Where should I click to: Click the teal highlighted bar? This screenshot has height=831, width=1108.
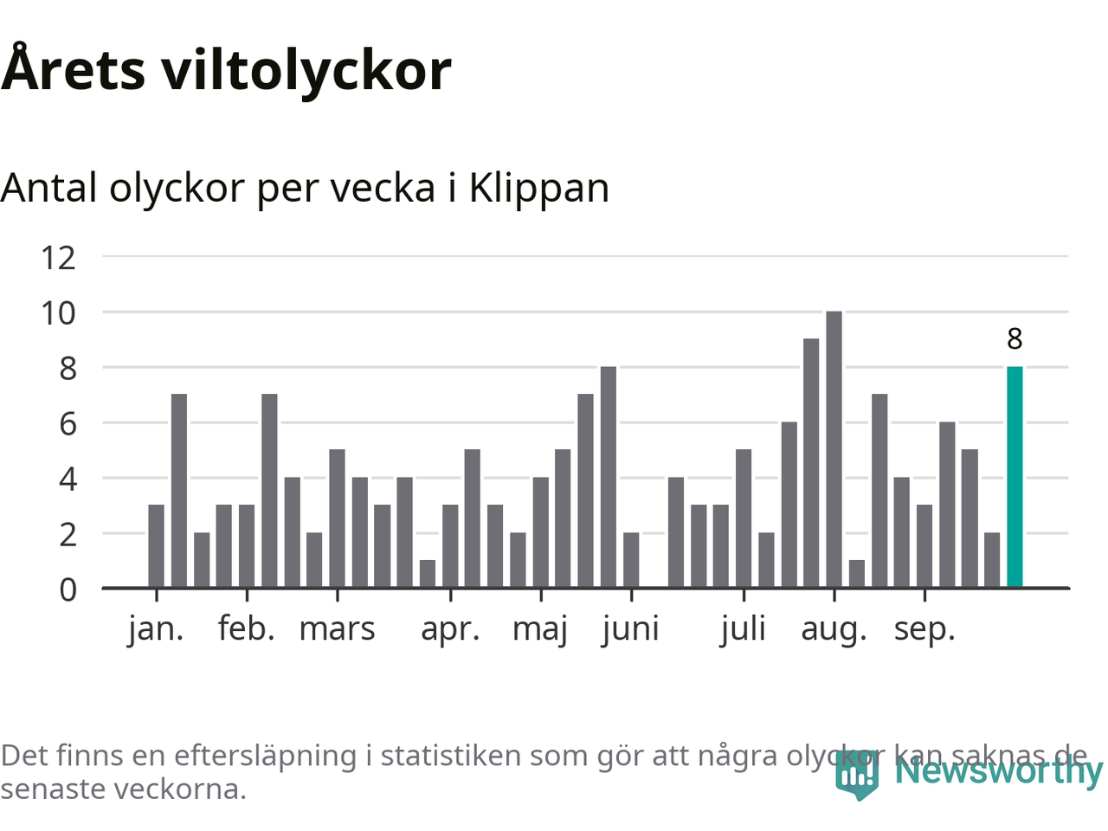point(1015,478)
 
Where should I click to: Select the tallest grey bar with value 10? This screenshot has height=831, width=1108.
point(834,450)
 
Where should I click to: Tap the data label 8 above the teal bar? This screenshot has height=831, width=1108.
point(1015,339)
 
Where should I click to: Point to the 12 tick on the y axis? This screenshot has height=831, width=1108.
point(58,257)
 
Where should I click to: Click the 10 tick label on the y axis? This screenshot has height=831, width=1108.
point(58,312)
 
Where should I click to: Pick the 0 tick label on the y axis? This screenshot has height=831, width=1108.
point(68,589)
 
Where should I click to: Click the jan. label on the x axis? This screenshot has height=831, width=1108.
point(156,628)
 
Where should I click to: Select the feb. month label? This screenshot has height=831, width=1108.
point(247,628)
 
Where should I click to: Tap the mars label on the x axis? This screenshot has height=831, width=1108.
point(337,628)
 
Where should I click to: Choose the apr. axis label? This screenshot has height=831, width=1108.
point(450,628)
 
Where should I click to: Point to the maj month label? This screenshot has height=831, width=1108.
point(540,628)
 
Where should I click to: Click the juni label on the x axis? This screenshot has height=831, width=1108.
point(631,628)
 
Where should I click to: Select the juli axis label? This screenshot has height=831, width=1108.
point(744,628)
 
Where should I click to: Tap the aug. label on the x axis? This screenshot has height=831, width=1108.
point(834,628)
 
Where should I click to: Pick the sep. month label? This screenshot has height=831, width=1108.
point(924,628)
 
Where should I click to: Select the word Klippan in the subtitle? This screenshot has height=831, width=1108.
point(538,188)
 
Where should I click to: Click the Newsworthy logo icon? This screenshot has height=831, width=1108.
point(857,774)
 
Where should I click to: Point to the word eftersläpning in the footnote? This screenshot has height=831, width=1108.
point(265,756)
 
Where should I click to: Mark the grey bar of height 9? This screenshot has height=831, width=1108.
point(811,464)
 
